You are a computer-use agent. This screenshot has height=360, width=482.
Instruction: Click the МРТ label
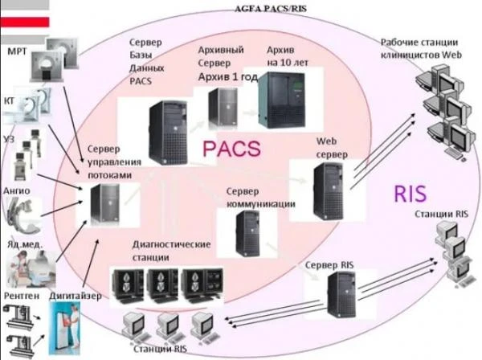point(19,51)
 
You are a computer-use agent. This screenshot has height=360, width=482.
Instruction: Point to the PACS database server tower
point(166,129)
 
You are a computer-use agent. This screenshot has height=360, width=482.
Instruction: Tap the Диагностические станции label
point(170,250)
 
